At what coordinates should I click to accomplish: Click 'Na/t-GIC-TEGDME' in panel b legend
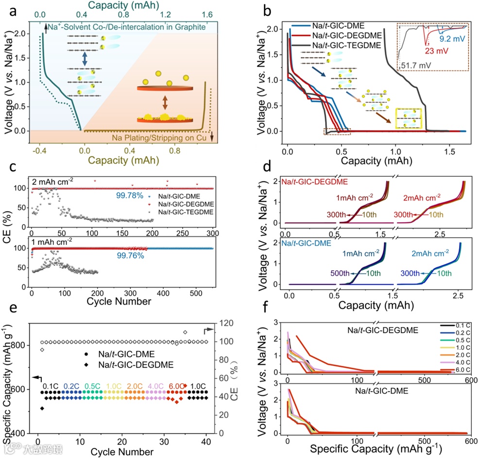(x=330, y=45)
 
